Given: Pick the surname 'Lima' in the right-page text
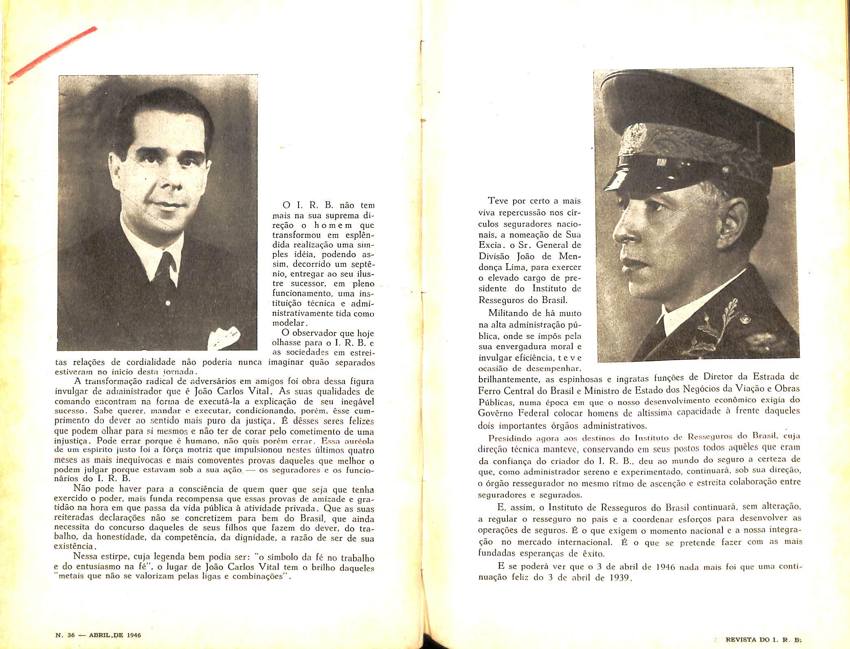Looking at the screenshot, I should coord(518,268).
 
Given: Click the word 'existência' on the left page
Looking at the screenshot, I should coord(75,547).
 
